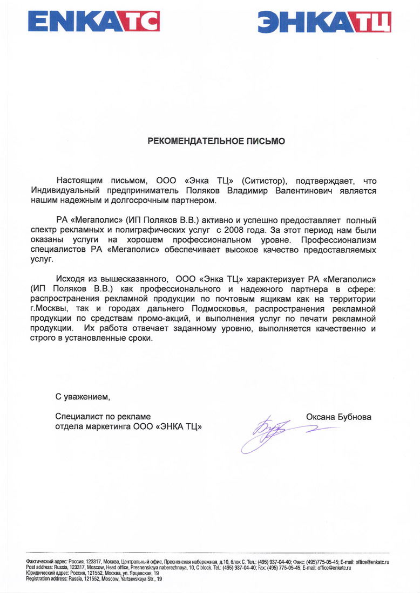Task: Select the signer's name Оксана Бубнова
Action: tap(338, 417)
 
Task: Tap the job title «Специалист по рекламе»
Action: tap(103, 417)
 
